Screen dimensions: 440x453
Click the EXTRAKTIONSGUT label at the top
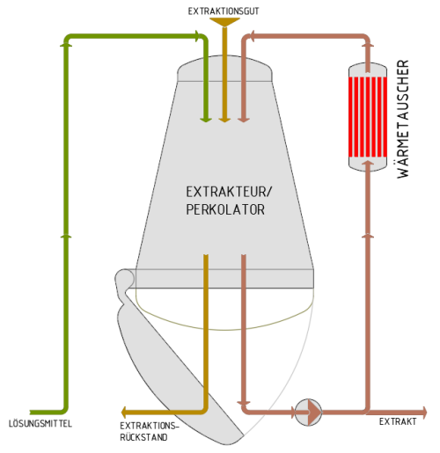224,11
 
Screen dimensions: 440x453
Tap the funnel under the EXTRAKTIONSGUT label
224,22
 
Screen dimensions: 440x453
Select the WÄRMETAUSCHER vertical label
403,119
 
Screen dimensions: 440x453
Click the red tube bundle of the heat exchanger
368,117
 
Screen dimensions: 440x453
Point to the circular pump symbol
308,413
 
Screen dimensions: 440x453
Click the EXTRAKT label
398,421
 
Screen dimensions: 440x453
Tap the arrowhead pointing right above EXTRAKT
423,413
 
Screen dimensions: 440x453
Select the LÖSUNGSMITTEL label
40,424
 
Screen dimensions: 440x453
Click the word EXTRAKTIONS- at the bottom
150,426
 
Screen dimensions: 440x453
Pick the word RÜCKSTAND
143,437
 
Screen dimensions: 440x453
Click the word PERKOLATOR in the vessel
225,209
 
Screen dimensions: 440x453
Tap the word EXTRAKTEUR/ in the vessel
229,192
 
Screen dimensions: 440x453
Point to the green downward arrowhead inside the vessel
206,120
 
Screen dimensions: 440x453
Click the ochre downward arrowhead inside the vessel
224,120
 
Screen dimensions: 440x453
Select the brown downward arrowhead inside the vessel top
244,120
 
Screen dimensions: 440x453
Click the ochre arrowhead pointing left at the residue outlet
123,413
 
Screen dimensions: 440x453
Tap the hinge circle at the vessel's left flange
124,279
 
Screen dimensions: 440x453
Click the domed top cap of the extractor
224,69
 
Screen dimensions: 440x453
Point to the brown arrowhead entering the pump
292,413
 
